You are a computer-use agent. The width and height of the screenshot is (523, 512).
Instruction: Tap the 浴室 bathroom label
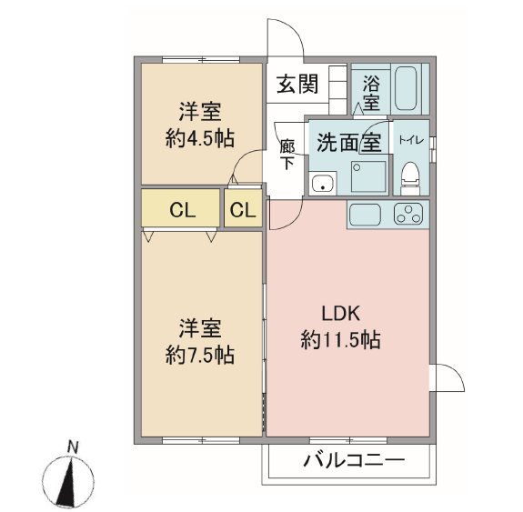click(371, 90)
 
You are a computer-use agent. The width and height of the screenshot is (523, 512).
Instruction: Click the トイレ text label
click(408, 142)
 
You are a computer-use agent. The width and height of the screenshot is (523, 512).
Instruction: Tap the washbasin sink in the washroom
click(322, 185)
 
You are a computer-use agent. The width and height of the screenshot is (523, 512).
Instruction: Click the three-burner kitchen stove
click(408, 216)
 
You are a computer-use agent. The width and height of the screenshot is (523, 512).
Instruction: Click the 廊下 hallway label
click(287, 156)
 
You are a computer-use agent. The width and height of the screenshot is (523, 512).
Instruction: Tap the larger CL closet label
click(181, 210)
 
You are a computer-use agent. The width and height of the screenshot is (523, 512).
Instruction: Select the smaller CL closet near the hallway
click(243, 210)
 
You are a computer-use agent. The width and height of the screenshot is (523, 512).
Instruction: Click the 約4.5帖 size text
click(199, 138)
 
